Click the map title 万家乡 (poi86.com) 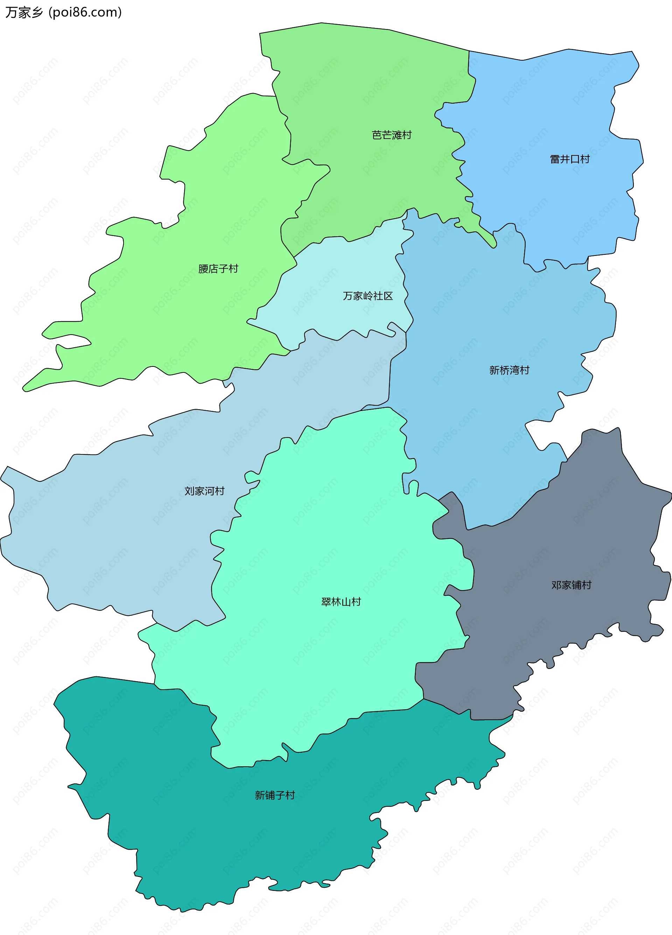[x=63, y=12]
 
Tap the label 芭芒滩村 [x=391, y=135]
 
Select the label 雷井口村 [x=570, y=159]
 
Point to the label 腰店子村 [x=218, y=269]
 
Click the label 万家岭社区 [x=368, y=296]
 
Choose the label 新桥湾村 [x=509, y=370]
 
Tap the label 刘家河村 [x=204, y=491]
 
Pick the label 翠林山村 [x=341, y=602]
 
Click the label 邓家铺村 [x=572, y=585]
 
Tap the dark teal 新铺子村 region [x=206, y=845]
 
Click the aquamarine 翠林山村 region [x=330, y=536]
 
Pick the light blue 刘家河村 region [x=124, y=536]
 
